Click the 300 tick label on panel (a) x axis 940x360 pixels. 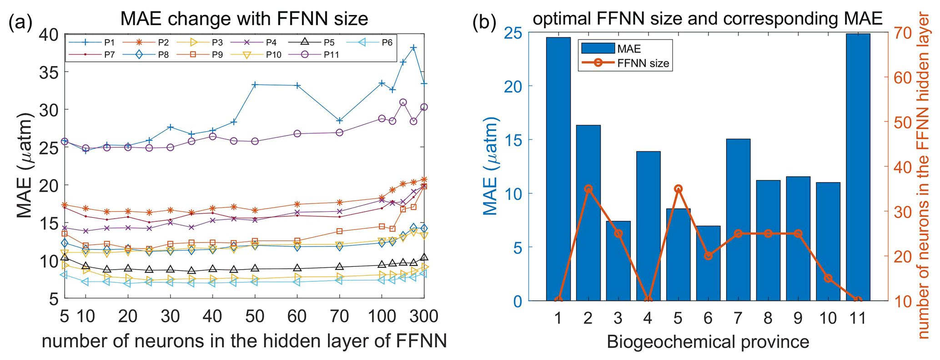tap(423, 316)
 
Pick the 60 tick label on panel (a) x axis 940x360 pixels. tap(297, 316)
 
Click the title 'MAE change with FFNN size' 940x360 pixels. tap(244, 19)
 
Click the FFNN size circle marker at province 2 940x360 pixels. tap(588, 189)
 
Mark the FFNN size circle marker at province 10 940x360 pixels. tap(828, 278)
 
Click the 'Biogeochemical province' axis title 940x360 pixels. tap(708, 342)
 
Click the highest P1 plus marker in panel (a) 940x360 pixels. tap(413, 48)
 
